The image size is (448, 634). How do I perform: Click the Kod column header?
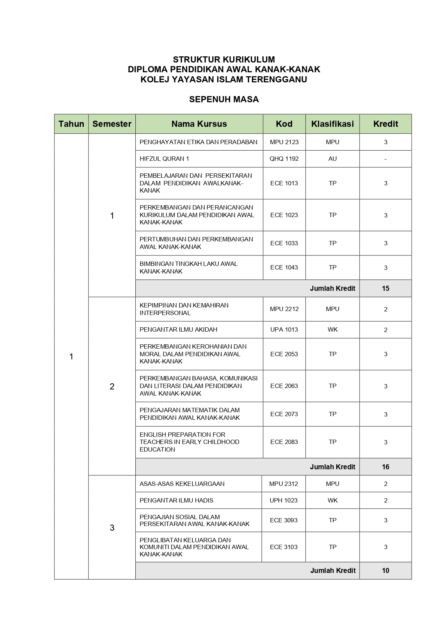(284, 124)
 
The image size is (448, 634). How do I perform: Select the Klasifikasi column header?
(332, 124)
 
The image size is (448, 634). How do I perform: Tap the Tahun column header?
(71, 124)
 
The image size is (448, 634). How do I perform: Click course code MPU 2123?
(284, 142)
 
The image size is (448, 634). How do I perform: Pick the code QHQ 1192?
(284, 159)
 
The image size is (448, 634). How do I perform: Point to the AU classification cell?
(332, 159)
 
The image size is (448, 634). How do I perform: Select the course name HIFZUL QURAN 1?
(164, 159)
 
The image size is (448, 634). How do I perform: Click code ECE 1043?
(284, 267)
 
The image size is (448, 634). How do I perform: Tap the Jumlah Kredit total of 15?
(386, 288)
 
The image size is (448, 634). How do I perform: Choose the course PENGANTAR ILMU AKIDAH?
(178, 329)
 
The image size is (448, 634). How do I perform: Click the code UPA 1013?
(284, 329)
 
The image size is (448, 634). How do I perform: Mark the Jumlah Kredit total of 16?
(386, 467)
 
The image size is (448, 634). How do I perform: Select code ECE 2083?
(284, 442)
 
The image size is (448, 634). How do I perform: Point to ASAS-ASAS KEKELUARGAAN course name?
(182, 484)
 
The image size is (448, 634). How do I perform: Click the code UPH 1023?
(283, 500)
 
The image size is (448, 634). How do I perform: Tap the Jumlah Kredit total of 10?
(386, 570)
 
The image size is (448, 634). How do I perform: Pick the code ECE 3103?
(283, 547)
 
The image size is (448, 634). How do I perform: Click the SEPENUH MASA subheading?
(224, 99)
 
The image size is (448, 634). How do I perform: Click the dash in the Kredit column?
(386, 159)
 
